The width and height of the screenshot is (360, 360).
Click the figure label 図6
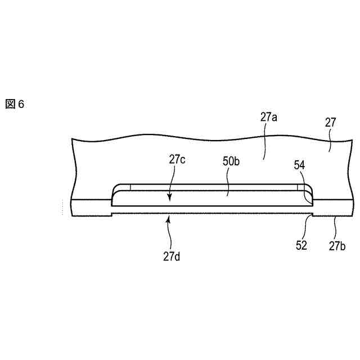point(15,105)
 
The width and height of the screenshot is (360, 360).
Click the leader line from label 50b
point(228,184)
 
